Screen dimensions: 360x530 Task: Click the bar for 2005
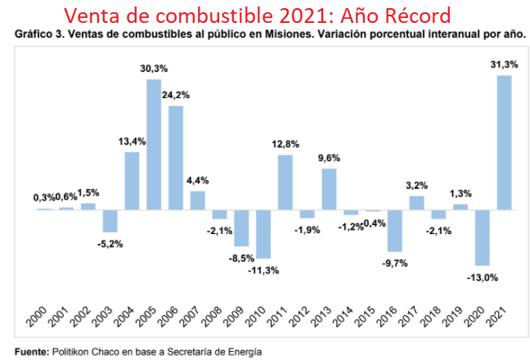click(x=154, y=144)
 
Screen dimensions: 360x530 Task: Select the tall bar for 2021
click(x=505, y=142)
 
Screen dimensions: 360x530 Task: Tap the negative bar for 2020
click(x=483, y=237)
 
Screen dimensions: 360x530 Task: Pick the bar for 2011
click(x=285, y=182)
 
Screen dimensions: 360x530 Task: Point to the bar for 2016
click(x=395, y=230)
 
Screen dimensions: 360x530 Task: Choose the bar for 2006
click(x=176, y=158)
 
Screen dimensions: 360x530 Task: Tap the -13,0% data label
click(x=483, y=277)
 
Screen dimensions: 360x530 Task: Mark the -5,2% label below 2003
click(x=109, y=244)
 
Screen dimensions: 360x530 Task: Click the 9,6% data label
click(x=329, y=158)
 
